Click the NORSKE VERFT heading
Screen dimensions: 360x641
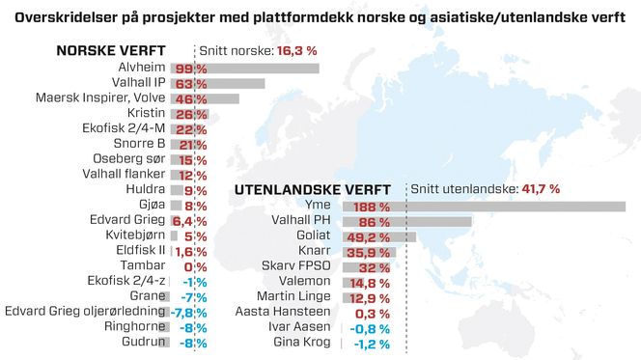(x=110, y=51)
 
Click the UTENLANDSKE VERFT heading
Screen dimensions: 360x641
(x=313, y=189)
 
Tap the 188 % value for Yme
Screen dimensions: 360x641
(x=372, y=207)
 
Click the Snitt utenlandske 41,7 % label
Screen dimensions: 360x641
(x=486, y=189)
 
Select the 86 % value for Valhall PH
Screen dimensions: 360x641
(x=375, y=222)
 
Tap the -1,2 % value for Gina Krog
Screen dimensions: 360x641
(x=372, y=345)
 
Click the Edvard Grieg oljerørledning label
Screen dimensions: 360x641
(x=85, y=311)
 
